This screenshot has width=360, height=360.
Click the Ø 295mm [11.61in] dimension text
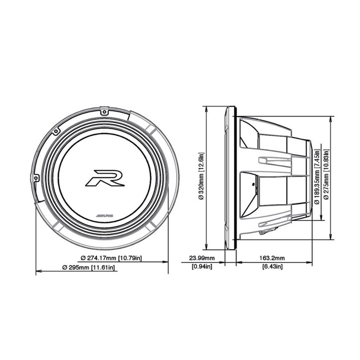[x=91, y=268]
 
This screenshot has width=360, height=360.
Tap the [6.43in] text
[x=272, y=267]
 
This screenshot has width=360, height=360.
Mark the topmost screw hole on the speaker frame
[x=103, y=111]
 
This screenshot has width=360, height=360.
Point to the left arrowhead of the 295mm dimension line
[x=37, y=272]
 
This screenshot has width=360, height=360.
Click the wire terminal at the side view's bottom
[x=262, y=232]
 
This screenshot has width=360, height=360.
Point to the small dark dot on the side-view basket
[x=253, y=185]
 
